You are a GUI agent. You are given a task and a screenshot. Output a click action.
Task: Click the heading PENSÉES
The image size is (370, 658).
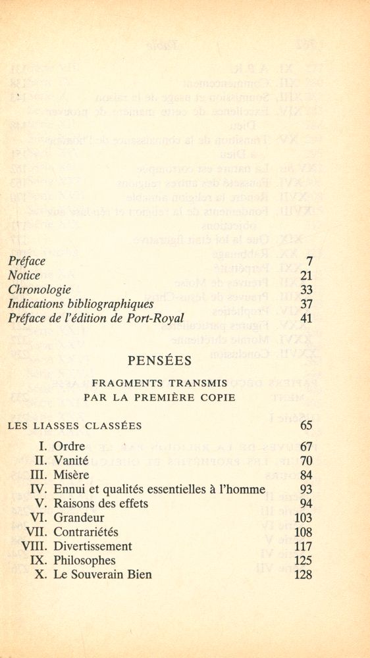pyautogui.click(x=160, y=361)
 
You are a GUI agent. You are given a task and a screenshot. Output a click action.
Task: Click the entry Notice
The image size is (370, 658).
pyautogui.click(x=24, y=275)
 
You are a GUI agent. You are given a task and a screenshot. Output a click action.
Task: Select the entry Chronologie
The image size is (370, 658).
pyautogui.click(x=40, y=290)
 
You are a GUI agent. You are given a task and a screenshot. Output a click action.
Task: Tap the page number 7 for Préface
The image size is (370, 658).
pyautogui.click(x=309, y=261)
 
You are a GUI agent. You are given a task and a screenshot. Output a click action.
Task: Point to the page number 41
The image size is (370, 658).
pyautogui.click(x=305, y=318)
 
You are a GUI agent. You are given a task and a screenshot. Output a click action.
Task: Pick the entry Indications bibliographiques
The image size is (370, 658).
pyautogui.click(x=80, y=304)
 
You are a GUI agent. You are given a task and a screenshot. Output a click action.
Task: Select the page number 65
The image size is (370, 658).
pyautogui.click(x=305, y=426)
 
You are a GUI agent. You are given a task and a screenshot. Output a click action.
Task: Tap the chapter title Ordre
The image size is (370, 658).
pyautogui.click(x=69, y=446)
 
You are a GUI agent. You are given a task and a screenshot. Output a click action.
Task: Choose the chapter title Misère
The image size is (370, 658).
pyautogui.click(x=71, y=475)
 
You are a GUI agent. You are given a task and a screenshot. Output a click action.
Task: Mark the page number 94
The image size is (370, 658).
pyautogui.click(x=305, y=504)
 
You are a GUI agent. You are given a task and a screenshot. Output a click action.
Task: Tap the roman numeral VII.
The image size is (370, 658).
pyautogui.click(x=36, y=532)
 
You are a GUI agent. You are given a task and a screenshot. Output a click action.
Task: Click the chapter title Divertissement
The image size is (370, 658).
pyautogui.click(x=93, y=546)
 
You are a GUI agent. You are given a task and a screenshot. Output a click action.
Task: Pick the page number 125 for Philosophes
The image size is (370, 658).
pyautogui.click(x=303, y=561)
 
